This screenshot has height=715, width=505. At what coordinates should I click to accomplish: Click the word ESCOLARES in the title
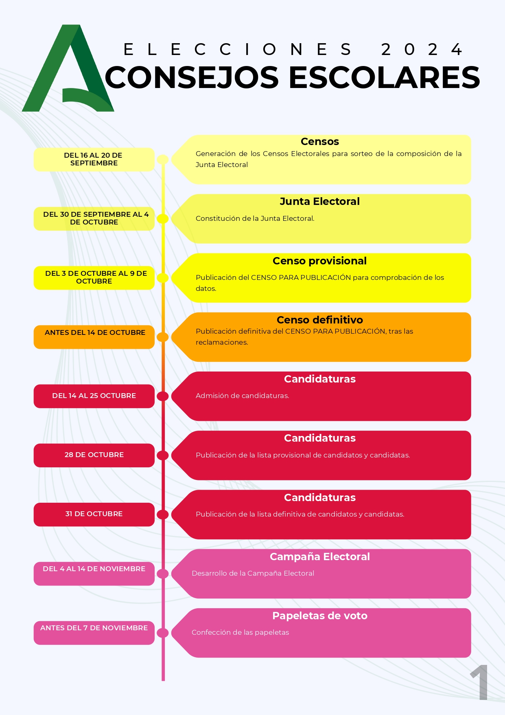(x=385, y=77)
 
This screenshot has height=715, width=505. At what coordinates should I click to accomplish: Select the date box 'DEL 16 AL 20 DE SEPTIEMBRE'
(x=94, y=159)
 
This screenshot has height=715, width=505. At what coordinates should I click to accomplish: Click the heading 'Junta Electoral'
(x=320, y=201)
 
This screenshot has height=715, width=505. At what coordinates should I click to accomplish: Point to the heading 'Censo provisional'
(x=320, y=261)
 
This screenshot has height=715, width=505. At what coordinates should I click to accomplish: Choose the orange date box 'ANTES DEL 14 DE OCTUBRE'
(x=94, y=337)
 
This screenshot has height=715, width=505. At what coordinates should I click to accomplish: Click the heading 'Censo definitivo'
(x=320, y=320)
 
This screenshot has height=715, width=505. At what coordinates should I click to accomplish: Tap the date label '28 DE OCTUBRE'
(x=94, y=455)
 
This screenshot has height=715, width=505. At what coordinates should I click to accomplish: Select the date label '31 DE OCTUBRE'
(x=94, y=514)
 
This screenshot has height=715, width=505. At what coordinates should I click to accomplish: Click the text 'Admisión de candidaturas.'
(x=243, y=396)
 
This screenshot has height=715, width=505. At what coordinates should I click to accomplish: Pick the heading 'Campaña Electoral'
(x=320, y=557)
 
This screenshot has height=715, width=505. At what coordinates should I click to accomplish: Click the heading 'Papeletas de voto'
(x=320, y=616)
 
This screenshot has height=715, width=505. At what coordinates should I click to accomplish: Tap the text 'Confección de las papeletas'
(x=240, y=632)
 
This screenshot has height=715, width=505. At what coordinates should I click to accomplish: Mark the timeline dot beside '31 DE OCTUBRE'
(x=163, y=515)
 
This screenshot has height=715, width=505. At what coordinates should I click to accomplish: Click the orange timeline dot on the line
(x=163, y=337)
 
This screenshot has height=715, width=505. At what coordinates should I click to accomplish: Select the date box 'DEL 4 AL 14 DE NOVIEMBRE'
(x=94, y=574)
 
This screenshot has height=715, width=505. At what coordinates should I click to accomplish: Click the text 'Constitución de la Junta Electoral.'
(x=255, y=218)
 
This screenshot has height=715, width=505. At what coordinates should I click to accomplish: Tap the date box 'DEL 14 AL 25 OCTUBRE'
(x=94, y=396)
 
